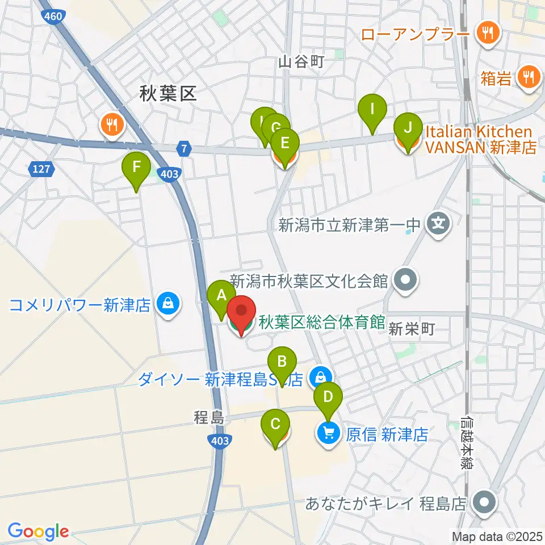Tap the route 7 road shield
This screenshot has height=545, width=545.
click(x=183, y=149)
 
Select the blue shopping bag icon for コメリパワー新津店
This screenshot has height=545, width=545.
click(x=169, y=304)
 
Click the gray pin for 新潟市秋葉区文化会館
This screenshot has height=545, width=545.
click(x=405, y=279)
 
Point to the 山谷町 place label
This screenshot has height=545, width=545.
click(x=301, y=62)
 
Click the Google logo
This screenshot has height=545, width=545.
click(x=38, y=531)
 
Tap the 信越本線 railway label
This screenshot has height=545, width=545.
click(x=467, y=443)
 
